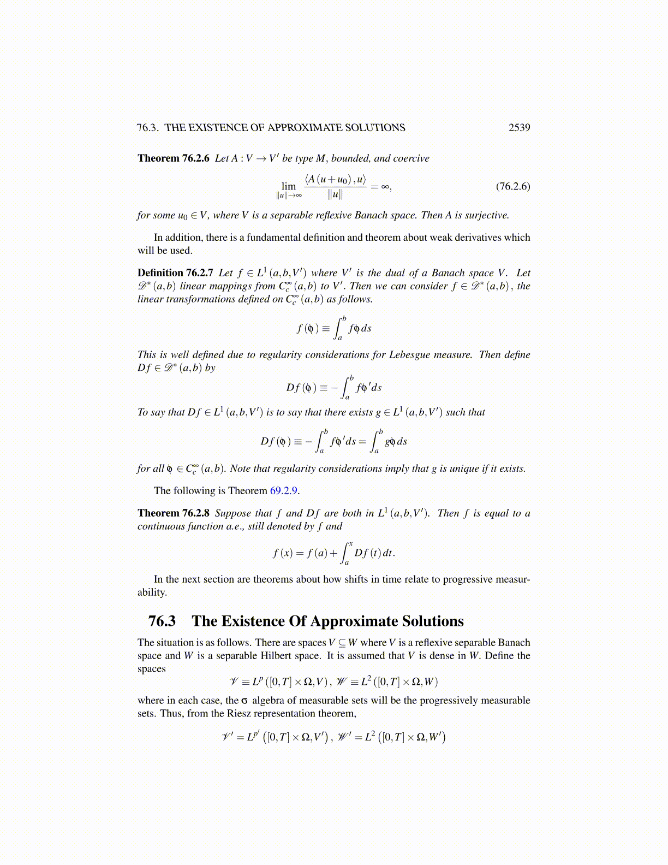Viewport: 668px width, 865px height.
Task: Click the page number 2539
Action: (x=519, y=128)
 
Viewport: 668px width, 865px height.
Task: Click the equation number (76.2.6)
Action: (x=512, y=186)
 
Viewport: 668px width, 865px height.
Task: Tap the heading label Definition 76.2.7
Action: (x=175, y=273)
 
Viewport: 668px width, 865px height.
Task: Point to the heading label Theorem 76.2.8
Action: (x=174, y=513)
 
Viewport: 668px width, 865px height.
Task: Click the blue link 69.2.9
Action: (x=284, y=491)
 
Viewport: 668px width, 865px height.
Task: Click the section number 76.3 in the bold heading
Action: (x=162, y=621)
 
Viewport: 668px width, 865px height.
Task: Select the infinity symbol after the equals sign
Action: (x=385, y=186)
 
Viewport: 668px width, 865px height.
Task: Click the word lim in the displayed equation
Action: (x=289, y=186)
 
